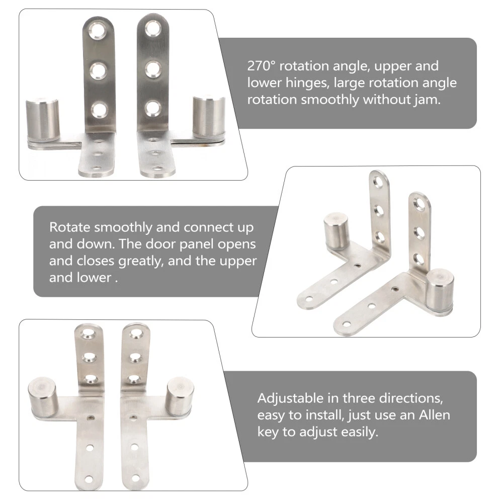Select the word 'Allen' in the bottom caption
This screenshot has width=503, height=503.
435,415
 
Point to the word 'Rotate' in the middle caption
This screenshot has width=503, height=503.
70,227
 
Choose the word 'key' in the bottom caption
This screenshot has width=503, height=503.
268,432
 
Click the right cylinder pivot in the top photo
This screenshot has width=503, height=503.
209,117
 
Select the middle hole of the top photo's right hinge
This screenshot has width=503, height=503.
153,68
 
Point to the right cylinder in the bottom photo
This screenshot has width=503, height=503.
180,396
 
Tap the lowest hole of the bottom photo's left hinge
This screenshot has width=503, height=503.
89,480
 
